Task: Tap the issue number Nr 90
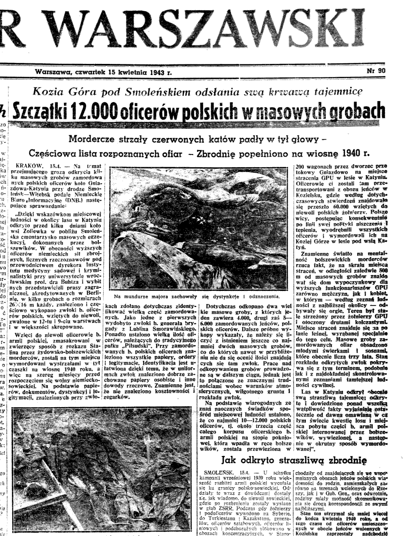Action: click(375, 71)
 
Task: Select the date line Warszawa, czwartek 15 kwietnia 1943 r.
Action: click(103, 72)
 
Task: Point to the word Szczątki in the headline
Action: click(33, 108)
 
